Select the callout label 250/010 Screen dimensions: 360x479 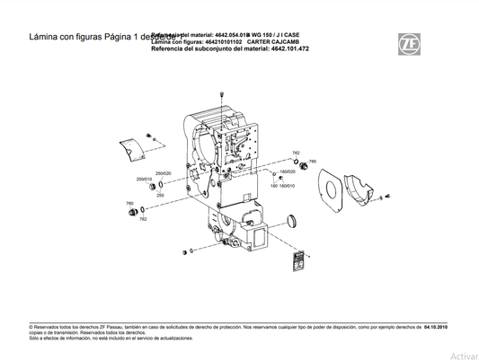pos(144,179)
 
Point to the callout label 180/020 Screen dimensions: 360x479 pos(288,171)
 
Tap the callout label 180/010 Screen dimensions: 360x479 pos(288,186)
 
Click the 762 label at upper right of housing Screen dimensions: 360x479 pos(297,153)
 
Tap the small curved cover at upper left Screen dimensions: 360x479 pos(133,149)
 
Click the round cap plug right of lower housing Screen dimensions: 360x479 pos(294,221)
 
